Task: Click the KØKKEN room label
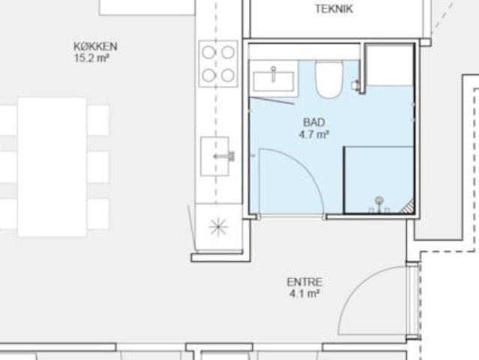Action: point(96,46)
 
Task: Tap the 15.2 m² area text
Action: point(91,58)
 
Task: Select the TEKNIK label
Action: point(334,9)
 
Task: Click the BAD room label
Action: point(314,122)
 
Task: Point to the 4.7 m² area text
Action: point(314,134)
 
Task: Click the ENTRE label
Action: point(304,282)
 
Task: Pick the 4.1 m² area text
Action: point(304,294)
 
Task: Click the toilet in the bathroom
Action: point(329,79)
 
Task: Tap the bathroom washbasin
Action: point(274,81)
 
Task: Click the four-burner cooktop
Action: point(218,64)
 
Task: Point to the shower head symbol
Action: point(379,204)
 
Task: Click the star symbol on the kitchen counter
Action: point(218,227)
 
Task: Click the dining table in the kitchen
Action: point(52,167)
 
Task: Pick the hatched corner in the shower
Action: point(409,207)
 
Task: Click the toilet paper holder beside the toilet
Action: point(355,85)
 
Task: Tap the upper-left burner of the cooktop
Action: point(209,52)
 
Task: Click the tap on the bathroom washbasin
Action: point(274,73)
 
